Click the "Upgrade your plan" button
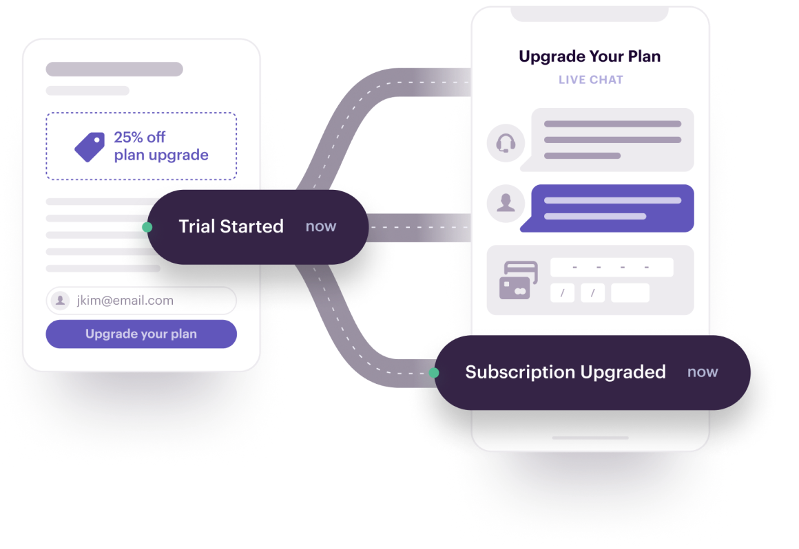[x=141, y=334]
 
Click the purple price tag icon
[x=90, y=147]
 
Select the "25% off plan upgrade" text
[x=160, y=146]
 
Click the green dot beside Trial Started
[x=147, y=227]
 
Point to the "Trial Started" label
[x=231, y=226]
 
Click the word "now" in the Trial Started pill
[x=321, y=226]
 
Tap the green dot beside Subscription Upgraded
[x=433, y=373]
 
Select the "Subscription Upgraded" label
[x=565, y=372]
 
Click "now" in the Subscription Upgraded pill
[x=703, y=372]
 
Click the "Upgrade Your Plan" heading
[x=590, y=56]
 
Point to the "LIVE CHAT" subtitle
[x=590, y=80]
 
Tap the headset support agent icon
[x=506, y=143]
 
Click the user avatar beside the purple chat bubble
[x=506, y=203]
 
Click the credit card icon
[x=518, y=279]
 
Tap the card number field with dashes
[x=611, y=267]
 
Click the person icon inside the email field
[x=61, y=301]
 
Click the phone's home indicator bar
[x=590, y=438]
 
